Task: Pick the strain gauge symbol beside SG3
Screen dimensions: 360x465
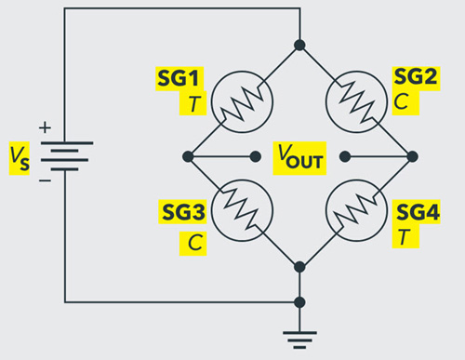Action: tap(241, 211)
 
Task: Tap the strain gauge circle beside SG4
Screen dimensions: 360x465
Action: tap(357, 211)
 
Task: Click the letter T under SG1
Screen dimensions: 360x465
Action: tap(193, 103)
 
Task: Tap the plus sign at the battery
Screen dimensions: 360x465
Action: tap(43, 127)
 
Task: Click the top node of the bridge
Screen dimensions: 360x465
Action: tap(299, 44)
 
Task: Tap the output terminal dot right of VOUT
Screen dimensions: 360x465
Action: tap(343, 156)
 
